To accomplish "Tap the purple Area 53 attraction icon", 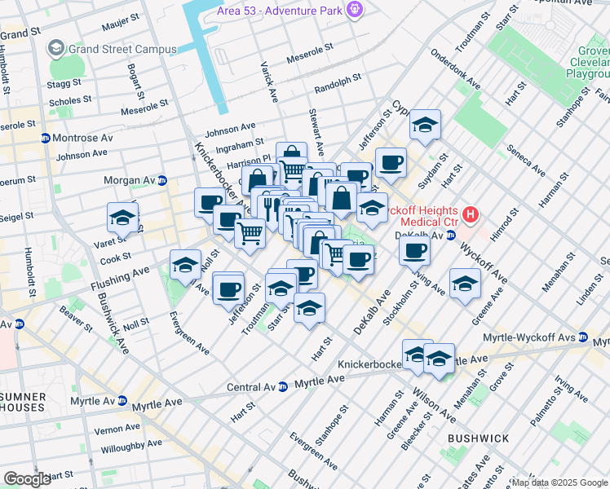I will coord(354,10).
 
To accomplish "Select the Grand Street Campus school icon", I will coord(56,48).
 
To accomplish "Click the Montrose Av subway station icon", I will coord(45,138).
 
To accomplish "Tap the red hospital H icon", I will coord(470,215).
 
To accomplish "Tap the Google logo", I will coord(27,479).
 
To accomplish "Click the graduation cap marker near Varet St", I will coord(122,218).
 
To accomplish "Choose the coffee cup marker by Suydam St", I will coord(391,162).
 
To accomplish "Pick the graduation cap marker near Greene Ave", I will coord(465,284).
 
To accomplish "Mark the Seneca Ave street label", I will coord(525,160).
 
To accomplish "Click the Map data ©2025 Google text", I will coord(559,482).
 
